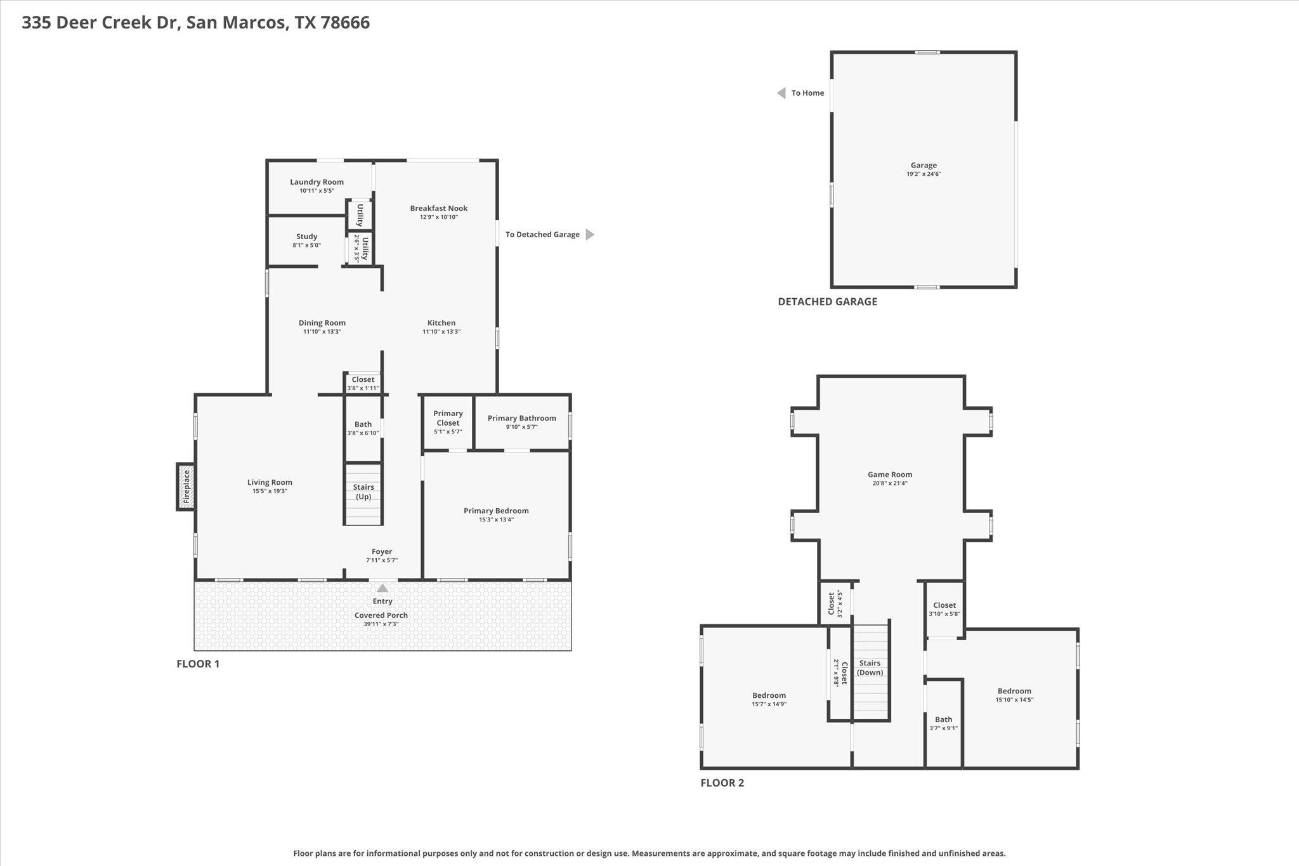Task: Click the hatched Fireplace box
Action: click(x=186, y=486)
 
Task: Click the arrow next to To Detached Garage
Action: click(x=590, y=235)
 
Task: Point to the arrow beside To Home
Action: click(x=781, y=93)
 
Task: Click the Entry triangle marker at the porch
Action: click(x=382, y=588)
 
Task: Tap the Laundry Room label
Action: click(x=317, y=182)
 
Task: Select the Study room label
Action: click(x=306, y=237)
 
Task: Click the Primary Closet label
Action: click(x=448, y=418)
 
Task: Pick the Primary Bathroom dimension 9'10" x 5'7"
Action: click(x=521, y=427)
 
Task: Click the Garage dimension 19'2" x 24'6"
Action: click(x=924, y=174)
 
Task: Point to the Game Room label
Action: click(x=890, y=475)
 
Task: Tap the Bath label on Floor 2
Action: click(x=943, y=719)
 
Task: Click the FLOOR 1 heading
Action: click(x=198, y=664)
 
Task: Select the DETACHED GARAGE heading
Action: click(x=827, y=302)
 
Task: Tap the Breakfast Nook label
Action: click(x=438, y=208)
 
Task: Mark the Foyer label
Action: click(x=382, y=552)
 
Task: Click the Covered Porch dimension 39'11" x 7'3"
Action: click(x=381, y=624)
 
